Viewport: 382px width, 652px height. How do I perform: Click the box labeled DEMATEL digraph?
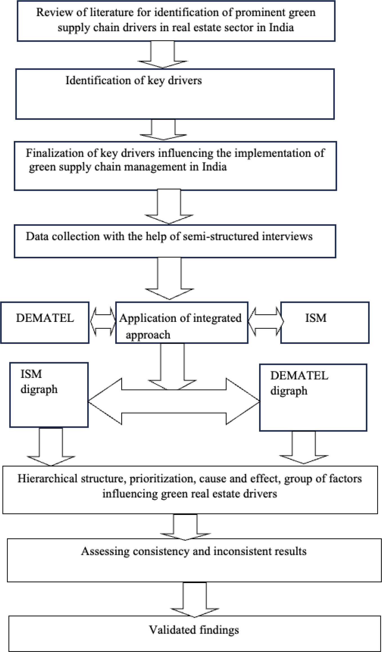pos(313,397)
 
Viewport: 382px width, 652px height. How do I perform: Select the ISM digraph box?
pos(49,395)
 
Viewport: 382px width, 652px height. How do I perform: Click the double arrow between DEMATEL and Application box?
pos(103,322)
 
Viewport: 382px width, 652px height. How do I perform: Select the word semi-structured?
pos(221,236)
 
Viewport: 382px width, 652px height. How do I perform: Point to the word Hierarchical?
pos(47,479)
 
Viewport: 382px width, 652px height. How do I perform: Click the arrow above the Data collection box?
pos(169,207)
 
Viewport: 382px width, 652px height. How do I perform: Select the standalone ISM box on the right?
pos(325,323)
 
